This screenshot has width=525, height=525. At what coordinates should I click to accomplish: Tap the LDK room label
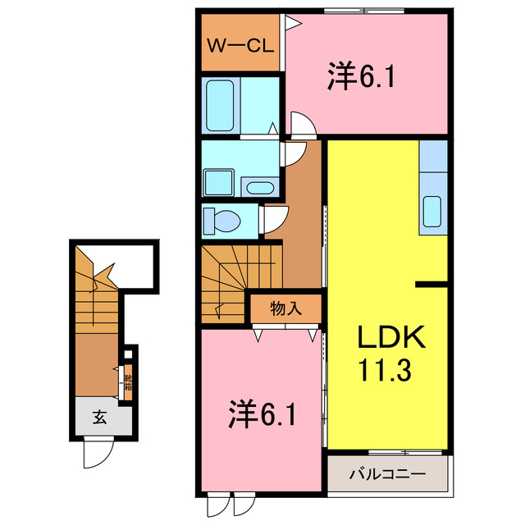[x=390, y=337]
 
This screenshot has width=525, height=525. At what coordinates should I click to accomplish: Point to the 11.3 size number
[x=390, y=370]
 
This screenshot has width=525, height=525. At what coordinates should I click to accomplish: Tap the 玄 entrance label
[x=99, y=418]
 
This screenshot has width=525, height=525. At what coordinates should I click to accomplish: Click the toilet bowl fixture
[x=226, y=220]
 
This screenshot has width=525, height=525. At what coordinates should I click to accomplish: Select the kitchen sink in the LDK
[x=432, y=212]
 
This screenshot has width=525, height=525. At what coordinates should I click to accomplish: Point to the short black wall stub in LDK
[x=431, y=284]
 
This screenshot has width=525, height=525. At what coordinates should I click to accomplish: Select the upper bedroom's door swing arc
[x=301, y=125]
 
